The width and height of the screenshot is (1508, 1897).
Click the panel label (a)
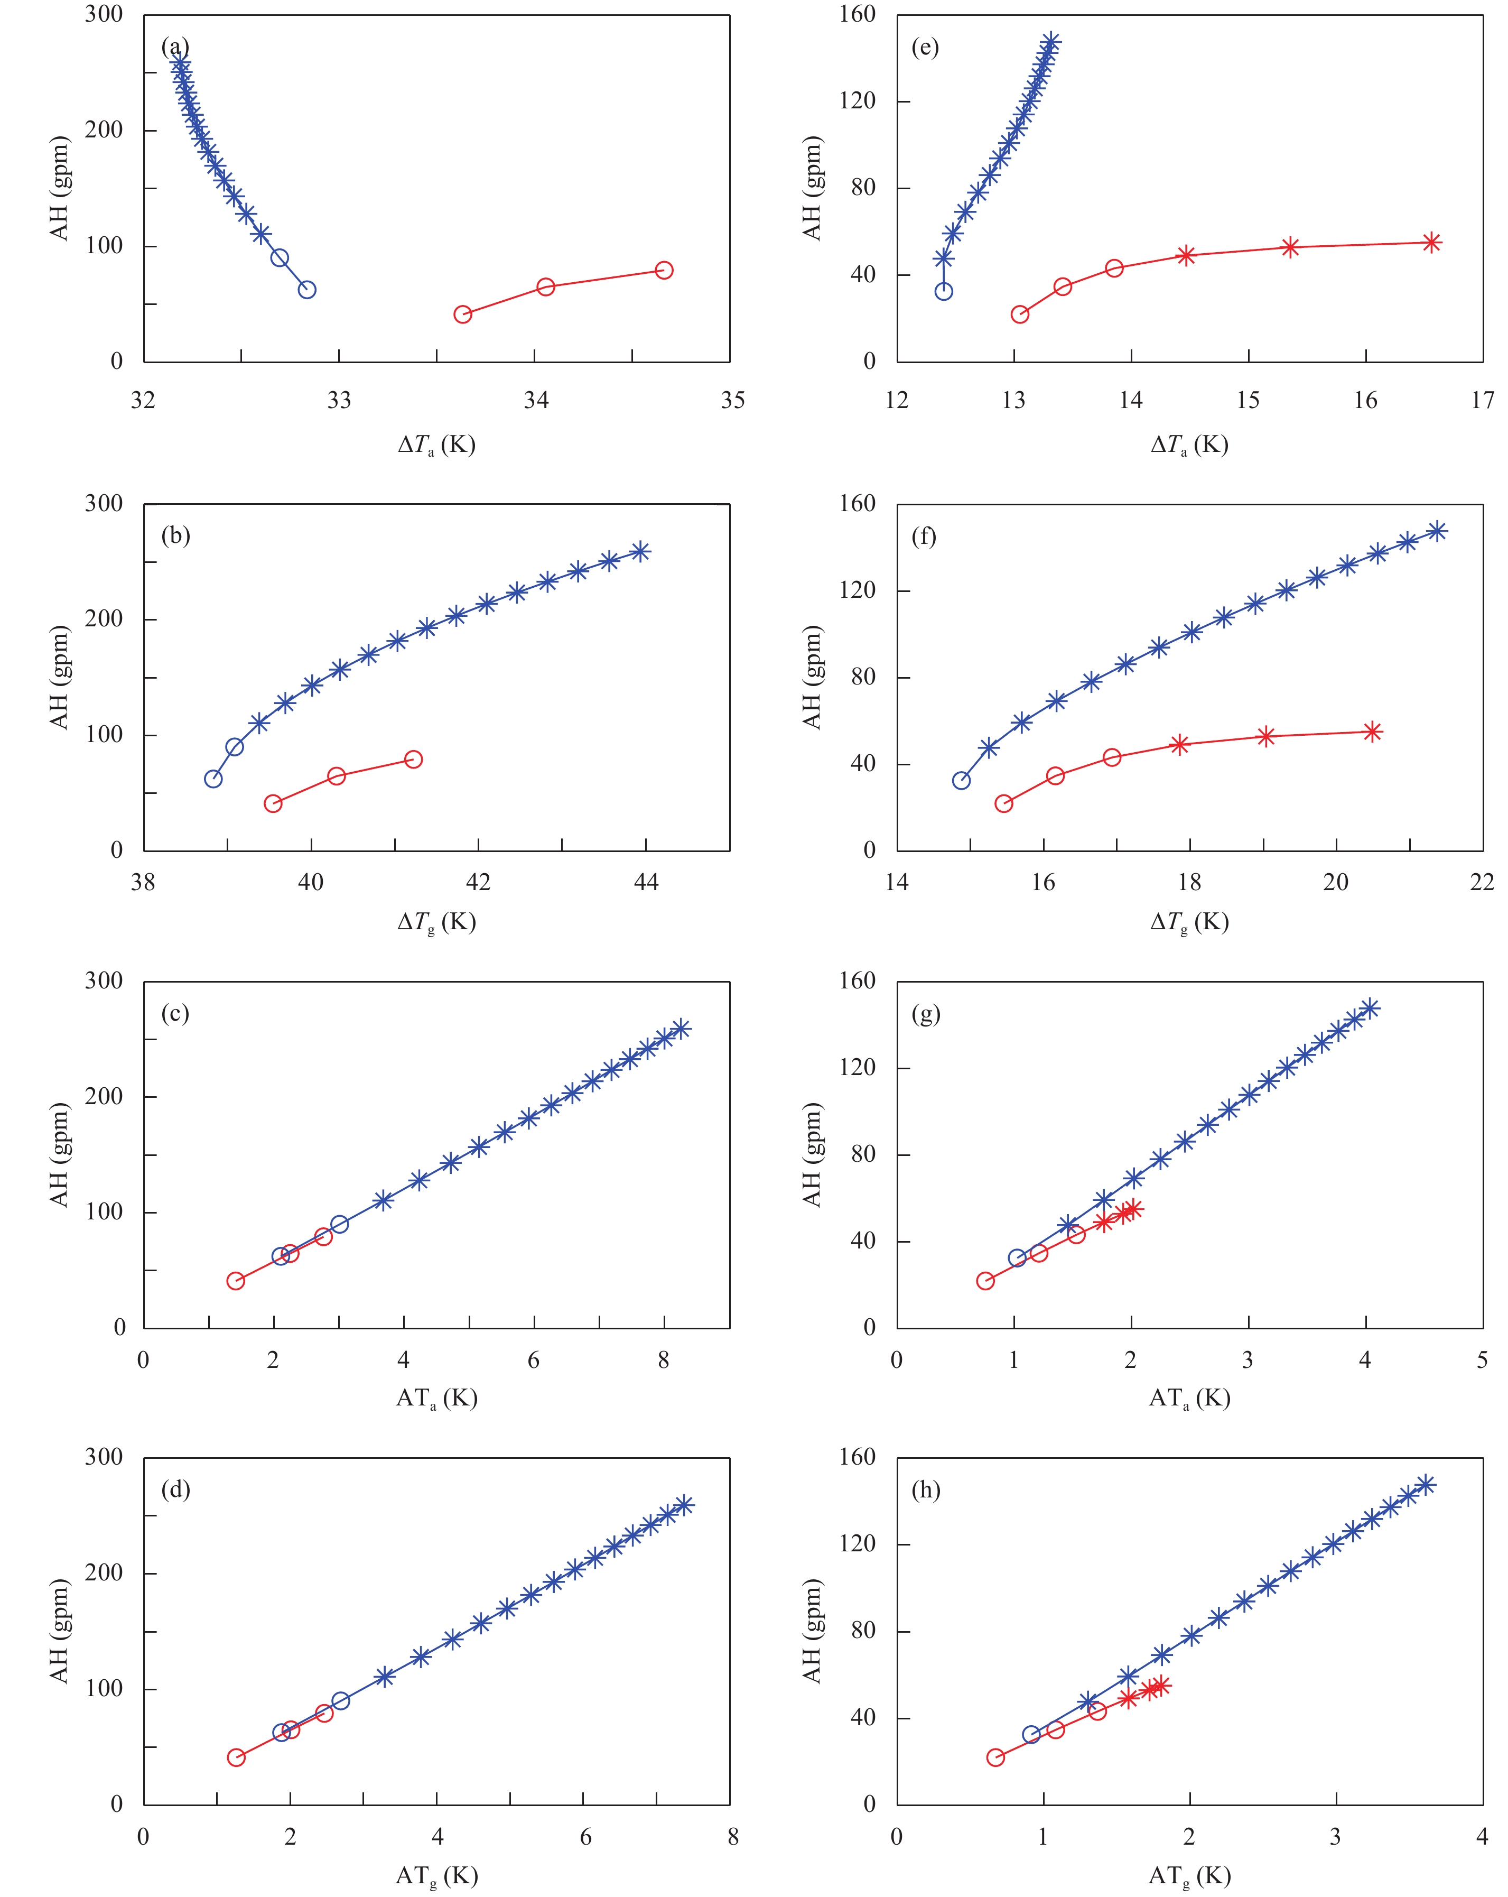175,47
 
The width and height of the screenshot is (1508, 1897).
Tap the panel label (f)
924,536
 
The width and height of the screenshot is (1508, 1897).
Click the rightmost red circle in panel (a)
664,270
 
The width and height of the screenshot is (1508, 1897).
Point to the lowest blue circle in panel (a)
307,290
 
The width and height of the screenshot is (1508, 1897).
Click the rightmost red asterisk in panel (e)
1431,243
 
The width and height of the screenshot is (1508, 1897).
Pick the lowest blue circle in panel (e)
943,291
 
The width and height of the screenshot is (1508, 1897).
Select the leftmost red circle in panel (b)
273,803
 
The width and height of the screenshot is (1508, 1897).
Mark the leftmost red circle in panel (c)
236,1280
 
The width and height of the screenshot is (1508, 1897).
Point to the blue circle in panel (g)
1017,1258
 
